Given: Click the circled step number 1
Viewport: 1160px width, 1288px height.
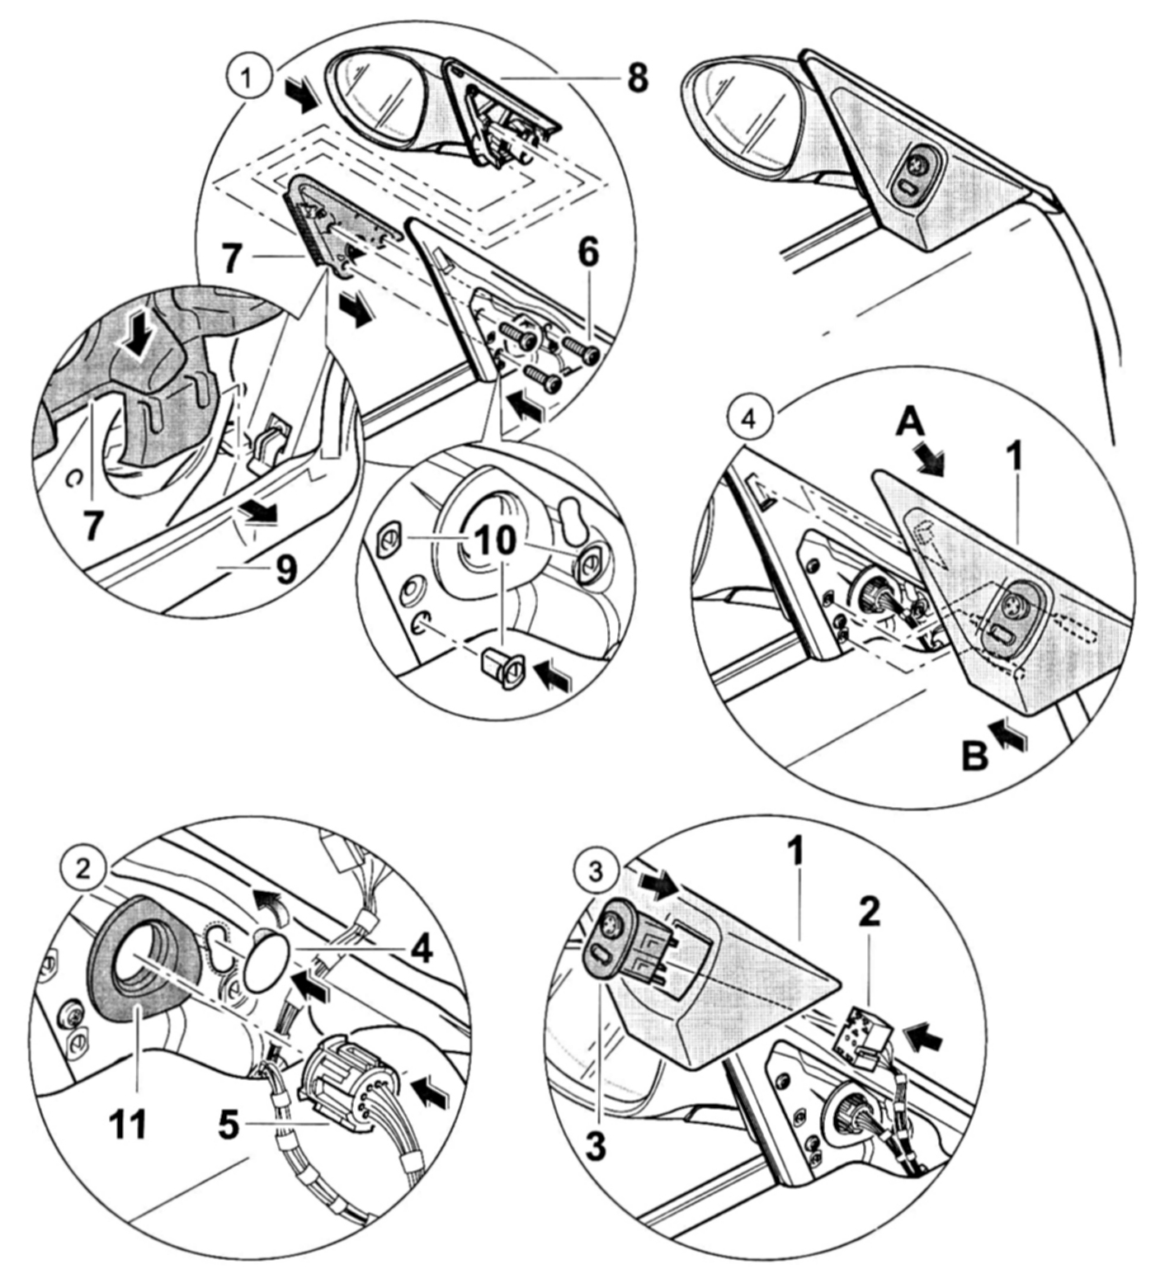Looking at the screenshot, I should pos(244,79).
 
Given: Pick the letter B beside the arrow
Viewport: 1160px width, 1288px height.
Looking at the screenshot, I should pos(975,755).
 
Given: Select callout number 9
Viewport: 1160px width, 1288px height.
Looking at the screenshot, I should pos(285,568).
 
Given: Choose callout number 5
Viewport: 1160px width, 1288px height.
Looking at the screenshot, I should pos(229,1125).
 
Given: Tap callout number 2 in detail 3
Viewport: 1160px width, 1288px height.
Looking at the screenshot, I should pos(869,912).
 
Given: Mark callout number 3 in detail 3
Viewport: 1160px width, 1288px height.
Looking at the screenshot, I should pos(595,1146).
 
